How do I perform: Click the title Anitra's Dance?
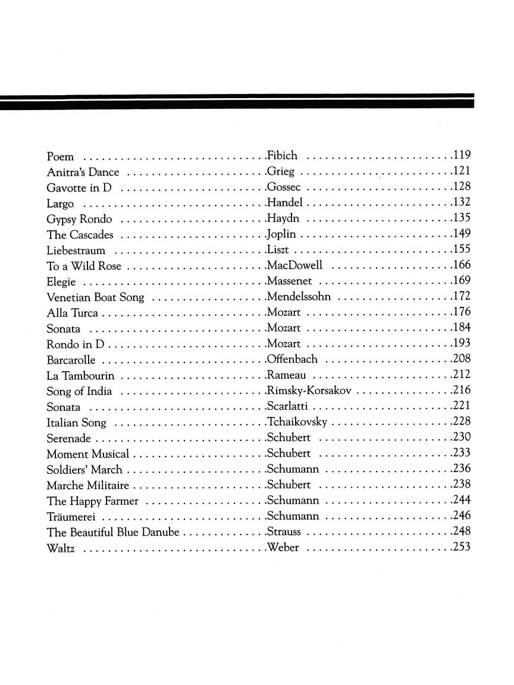[83, 172]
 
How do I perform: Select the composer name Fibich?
[283, 156]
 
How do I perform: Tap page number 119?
[462, 156]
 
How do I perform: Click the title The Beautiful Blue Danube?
[113, 532]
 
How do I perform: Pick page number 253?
[462, 547]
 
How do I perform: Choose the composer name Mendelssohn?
[299, 297]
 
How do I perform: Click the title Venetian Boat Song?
[95, 297]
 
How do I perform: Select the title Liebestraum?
[76, 250]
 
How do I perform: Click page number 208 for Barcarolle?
[462, 359]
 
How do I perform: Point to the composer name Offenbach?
[293, 360]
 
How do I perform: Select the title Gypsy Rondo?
[79, 219]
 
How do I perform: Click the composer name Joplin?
[282, 235]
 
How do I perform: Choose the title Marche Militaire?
[87, 485]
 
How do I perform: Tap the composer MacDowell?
[295, 266]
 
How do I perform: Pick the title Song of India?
[79, 391]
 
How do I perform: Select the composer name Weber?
[283, 548]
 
